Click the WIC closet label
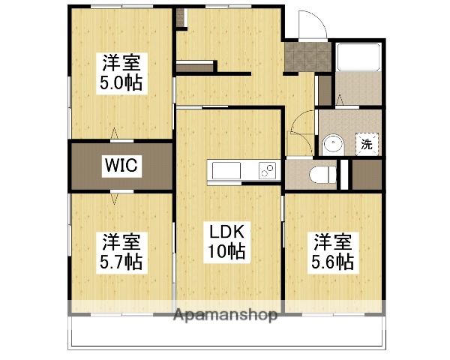120,166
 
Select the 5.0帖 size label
121,82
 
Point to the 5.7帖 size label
121,262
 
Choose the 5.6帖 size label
332,262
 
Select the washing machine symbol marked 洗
366,144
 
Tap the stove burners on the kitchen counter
266,171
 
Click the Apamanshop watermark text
226,315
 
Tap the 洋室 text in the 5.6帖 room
332,241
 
